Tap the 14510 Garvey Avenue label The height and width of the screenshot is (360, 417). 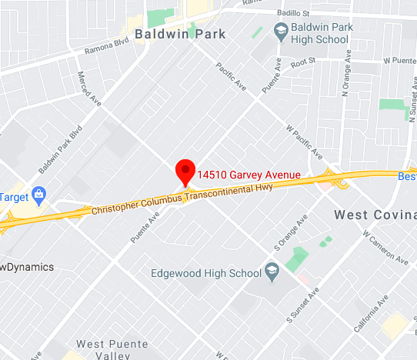[247, 175]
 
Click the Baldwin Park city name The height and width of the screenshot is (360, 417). [180, 34]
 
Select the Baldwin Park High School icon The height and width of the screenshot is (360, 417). [280, 32]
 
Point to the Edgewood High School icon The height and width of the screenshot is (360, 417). [271, 270]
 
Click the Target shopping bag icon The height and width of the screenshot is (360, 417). [38, 192]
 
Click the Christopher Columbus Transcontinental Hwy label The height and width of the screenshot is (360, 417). [182, 198]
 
